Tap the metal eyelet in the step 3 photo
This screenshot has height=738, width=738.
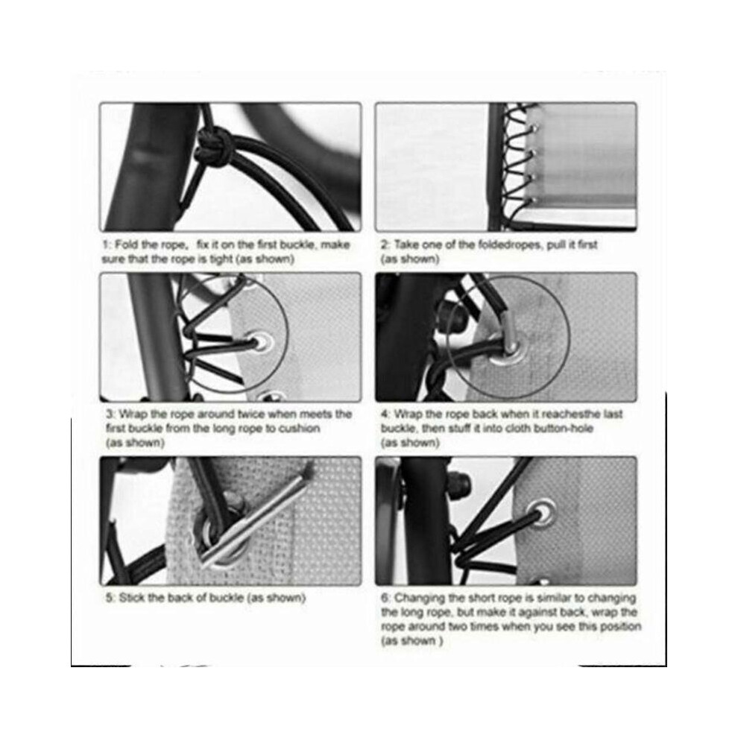tap(262, 341)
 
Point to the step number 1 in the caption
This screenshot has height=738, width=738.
tap(107, 245)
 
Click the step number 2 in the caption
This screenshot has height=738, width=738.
tap(385, 245)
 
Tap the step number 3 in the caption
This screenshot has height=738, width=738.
tap(110, 414)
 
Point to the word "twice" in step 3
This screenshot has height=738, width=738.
tap(251, 414)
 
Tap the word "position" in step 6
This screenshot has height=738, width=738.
tap(620, 627)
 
